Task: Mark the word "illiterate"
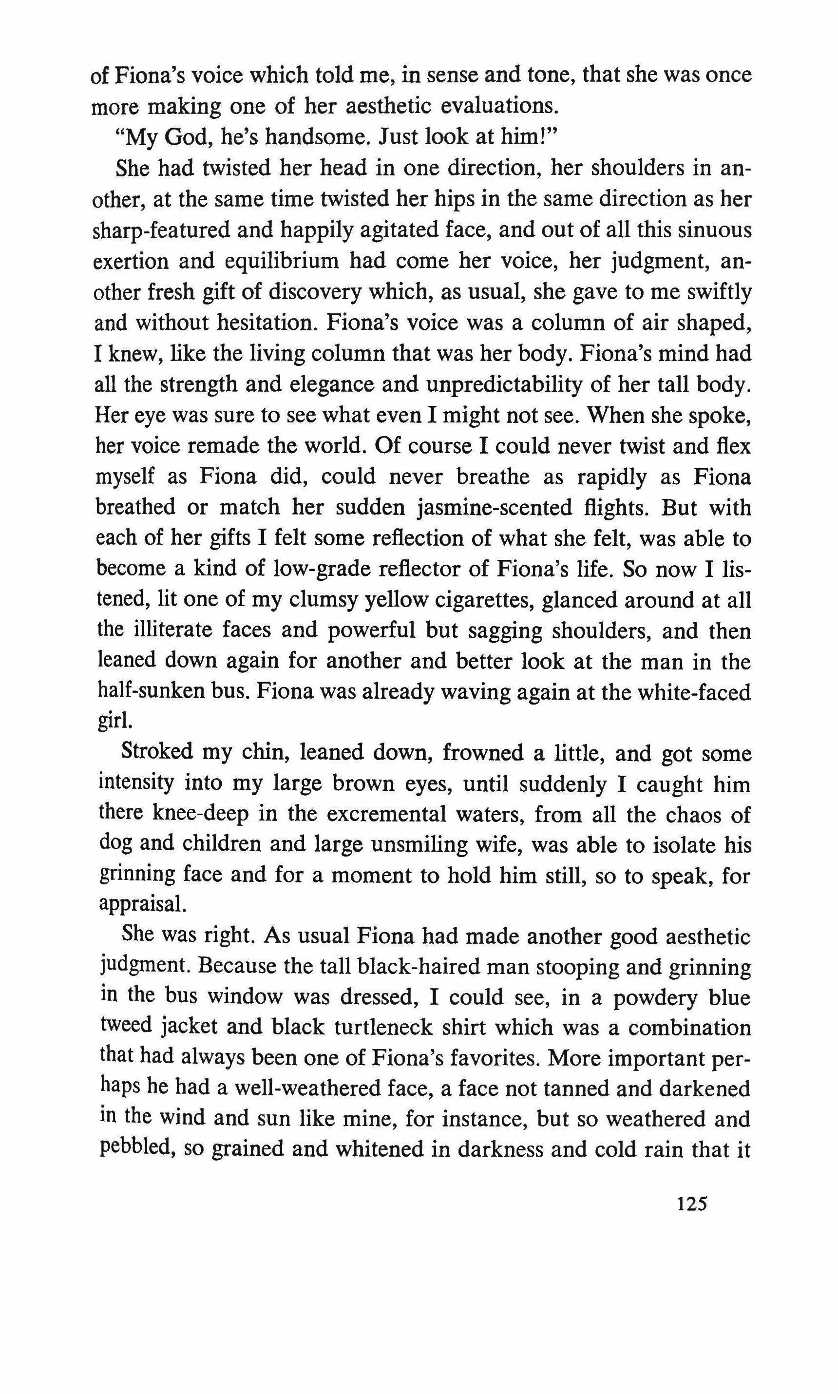(x=170, y=630)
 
